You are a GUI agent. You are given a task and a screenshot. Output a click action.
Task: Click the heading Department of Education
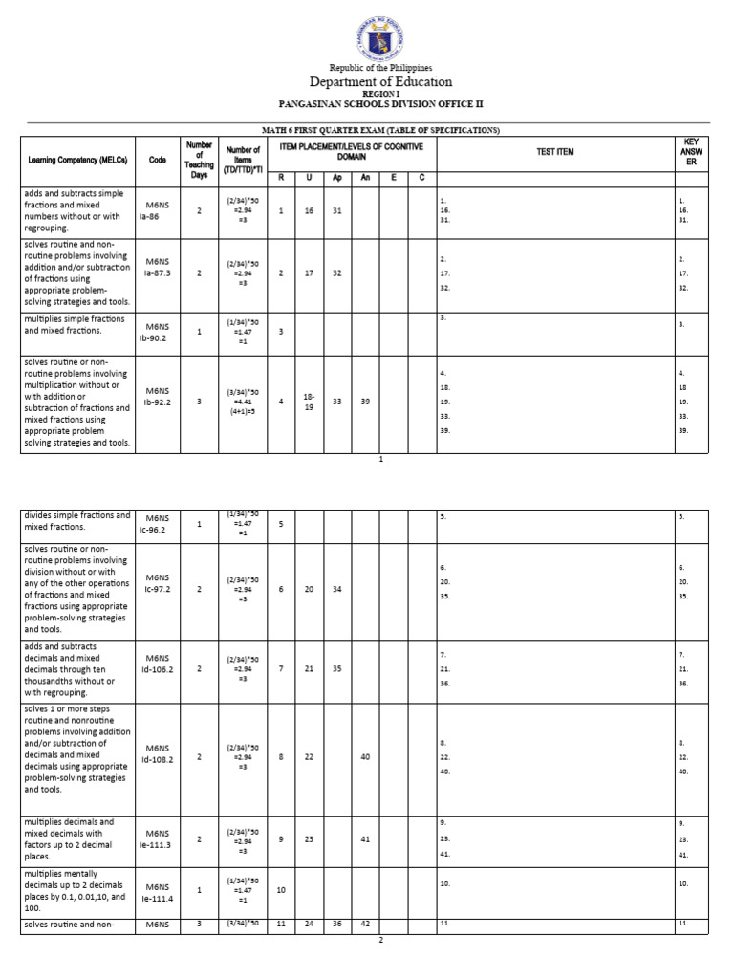(x=380, y=82)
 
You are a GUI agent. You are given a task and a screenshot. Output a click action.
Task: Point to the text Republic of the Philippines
(x=380, y=68)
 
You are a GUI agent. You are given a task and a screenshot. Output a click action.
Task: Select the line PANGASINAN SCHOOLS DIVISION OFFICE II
(x=380, y=102)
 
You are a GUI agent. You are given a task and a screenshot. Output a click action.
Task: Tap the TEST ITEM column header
(x=554, y=152)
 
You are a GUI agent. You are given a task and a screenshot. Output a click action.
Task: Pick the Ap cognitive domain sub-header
(x=336, y=178)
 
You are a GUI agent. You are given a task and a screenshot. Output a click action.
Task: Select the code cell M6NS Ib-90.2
(x=158, y=332)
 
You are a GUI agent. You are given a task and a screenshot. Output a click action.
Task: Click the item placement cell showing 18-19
(x=309, y=402)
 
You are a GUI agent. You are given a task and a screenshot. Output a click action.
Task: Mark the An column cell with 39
(x=365, y=402)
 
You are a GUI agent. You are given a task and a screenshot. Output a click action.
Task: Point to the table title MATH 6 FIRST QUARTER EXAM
(x=380, y=129)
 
